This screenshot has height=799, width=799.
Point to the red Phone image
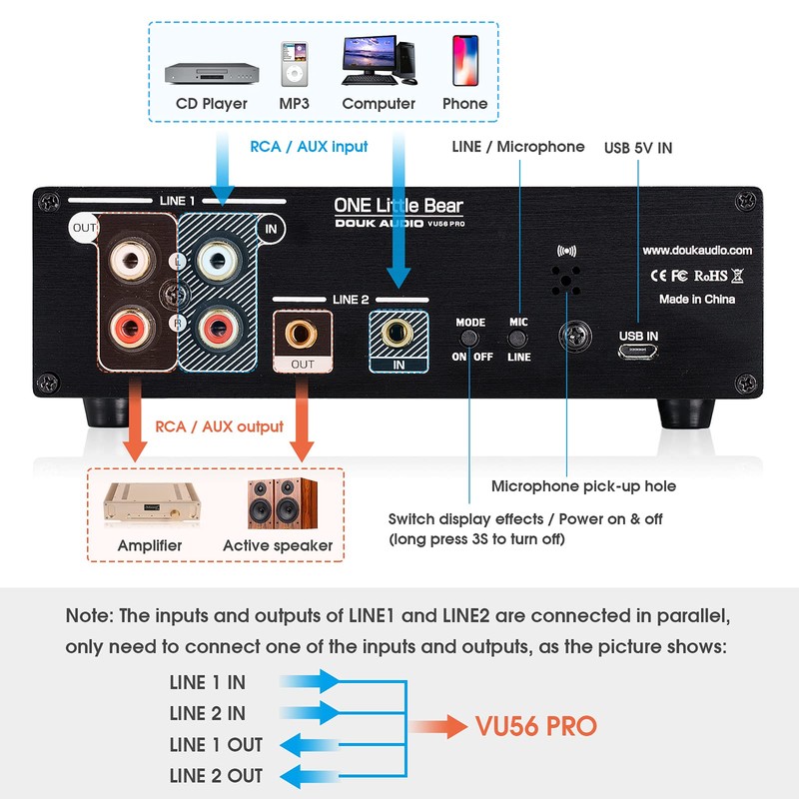[x=464, y=62]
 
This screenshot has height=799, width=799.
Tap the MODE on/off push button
[x=469, y=340]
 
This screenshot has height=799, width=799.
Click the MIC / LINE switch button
[x=517, y=340]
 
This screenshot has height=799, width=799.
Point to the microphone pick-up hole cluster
[x=566, y=281]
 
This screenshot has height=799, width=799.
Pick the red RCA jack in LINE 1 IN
[x=217, y=327]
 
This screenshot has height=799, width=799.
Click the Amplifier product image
[x=150, y=506]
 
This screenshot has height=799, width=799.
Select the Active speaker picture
[x=277, y=505]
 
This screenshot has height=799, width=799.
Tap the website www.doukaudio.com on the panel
[x=697, y=251]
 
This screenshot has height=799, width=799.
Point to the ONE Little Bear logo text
[x=399, y=206]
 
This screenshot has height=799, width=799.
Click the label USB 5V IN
[x=638, y=148]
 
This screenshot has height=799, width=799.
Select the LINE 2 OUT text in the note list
[x=216, y=775]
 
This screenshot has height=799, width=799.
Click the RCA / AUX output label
[x=219, y=426]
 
